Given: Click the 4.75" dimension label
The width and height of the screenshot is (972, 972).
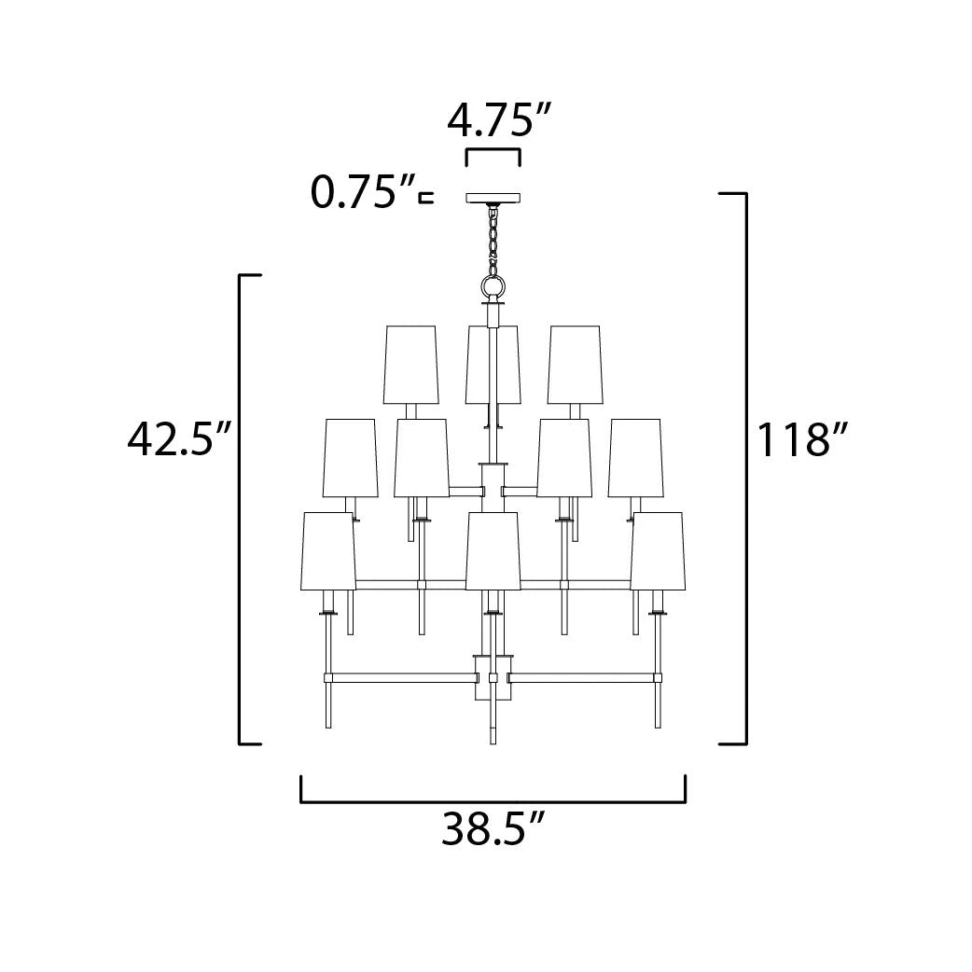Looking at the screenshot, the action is click(499, 120).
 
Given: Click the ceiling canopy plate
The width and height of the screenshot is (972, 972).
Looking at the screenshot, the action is click(493, 199).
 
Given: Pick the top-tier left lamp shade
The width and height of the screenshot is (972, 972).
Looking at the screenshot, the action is click(411, 365).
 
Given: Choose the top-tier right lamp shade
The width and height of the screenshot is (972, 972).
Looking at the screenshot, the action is click(575, 365).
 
